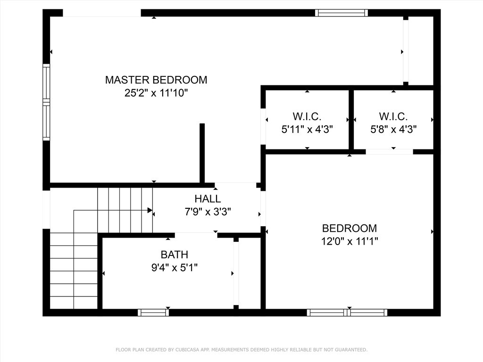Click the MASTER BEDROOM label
[x=156, y=80]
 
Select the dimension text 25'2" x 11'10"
[x=156, y=93]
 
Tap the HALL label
[x=208, y=199]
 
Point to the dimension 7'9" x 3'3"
[x=208, y=212]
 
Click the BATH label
[x=175, y=255]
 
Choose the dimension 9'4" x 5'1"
[x=175, y=268]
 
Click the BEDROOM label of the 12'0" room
[x=350, y=229]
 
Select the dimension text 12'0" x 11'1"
[x=350, y=241]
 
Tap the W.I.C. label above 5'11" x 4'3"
[x=307, y=116]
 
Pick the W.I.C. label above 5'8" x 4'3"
[x=393, y=116]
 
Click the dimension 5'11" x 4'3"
[x=307, y=129]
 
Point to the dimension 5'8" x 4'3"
[x=393, y=129]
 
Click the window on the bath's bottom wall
[x=153, y=312]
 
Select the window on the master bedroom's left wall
[x=46, y=102]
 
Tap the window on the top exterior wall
[x=341, y=13]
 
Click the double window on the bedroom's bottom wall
[x=347, y=312]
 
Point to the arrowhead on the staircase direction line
[x=150, y=210]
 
